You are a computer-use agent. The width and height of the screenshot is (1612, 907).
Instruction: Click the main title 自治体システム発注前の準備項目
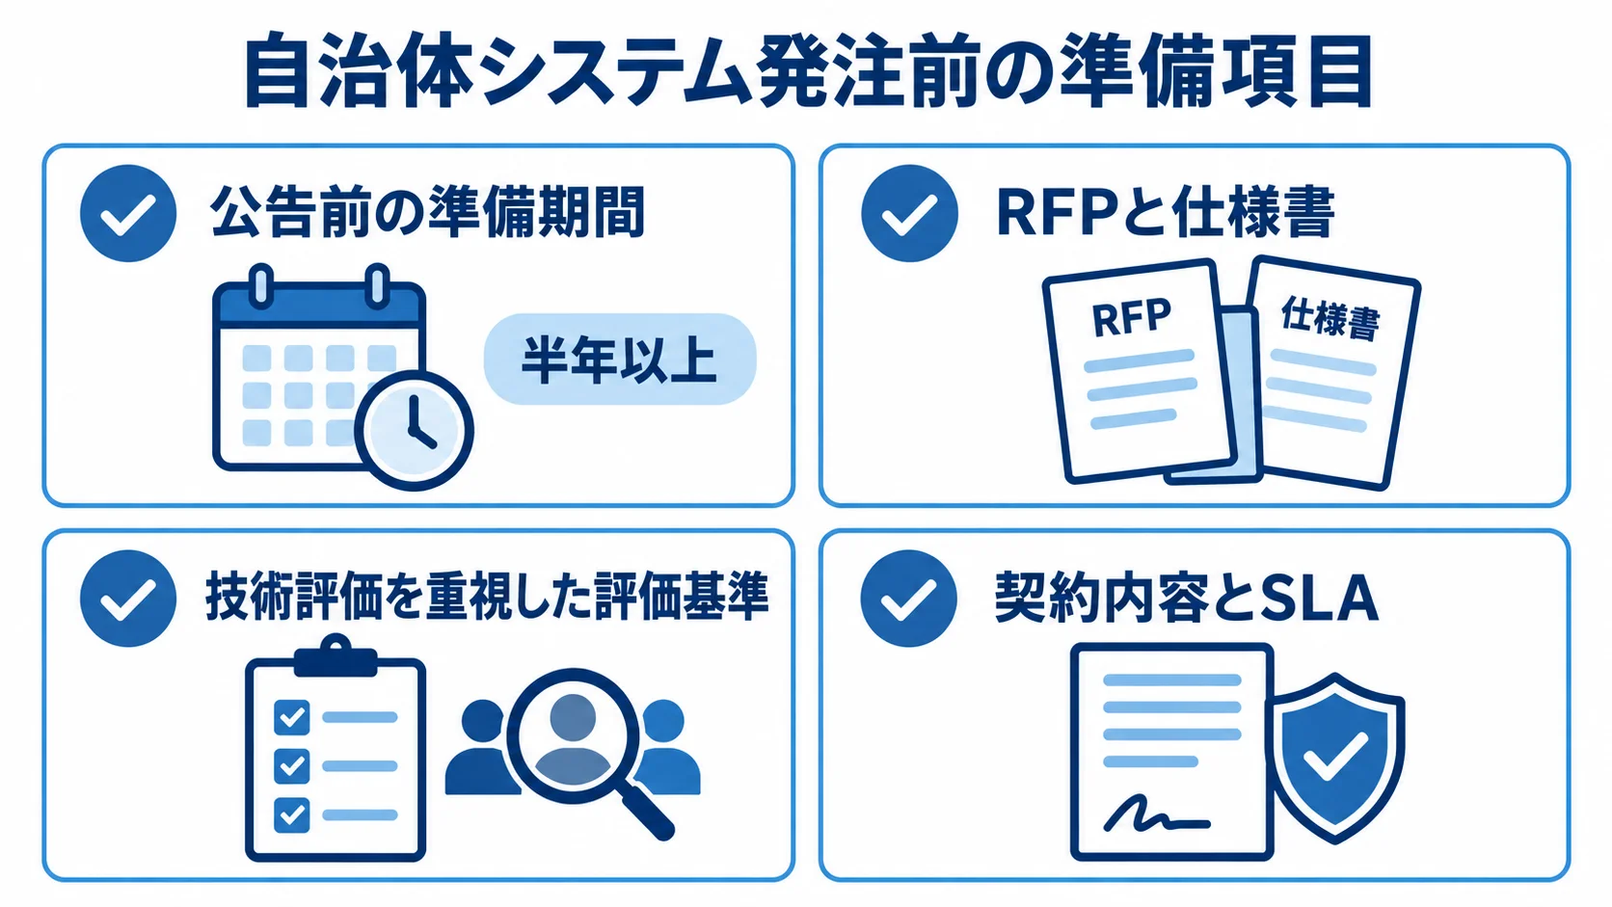click(x=808, y=73)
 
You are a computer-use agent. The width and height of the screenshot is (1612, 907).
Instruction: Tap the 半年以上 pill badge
click(x=620, y=359)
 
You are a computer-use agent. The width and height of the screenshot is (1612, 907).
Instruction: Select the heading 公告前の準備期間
click(x=427, y=213)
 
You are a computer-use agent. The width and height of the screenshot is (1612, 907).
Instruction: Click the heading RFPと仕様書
click(x=1165, y=213)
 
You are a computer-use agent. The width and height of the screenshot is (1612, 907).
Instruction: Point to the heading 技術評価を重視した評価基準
click(x=487, y=598)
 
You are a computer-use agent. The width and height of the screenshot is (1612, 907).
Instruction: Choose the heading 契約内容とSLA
click(x=1186, y=598)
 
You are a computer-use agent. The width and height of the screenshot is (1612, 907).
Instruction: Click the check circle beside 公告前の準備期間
click(x=128, y=213)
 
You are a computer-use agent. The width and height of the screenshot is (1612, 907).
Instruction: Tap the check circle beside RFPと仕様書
click(x=909, y=213)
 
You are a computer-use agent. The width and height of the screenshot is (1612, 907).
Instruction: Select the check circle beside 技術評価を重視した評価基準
click(x=128, y=599)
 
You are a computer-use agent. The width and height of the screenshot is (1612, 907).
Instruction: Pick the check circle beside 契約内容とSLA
click(x=909, y=599)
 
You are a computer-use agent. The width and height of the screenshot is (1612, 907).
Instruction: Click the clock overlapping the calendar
click(x=414, y=430)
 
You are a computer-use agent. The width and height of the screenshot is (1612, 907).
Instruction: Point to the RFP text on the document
click(x=1131, y=318)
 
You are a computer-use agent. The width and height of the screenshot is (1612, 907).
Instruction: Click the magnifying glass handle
click(x=647, y=810)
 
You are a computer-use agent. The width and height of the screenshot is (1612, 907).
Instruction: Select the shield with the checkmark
click(x=1335, y=759)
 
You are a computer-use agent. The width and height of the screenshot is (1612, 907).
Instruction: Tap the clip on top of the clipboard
click(x=336, y=655)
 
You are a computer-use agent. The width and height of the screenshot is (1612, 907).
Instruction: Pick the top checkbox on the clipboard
click(x=291, y=717)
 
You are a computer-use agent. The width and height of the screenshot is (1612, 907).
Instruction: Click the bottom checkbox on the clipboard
click(x=291, y=814)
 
